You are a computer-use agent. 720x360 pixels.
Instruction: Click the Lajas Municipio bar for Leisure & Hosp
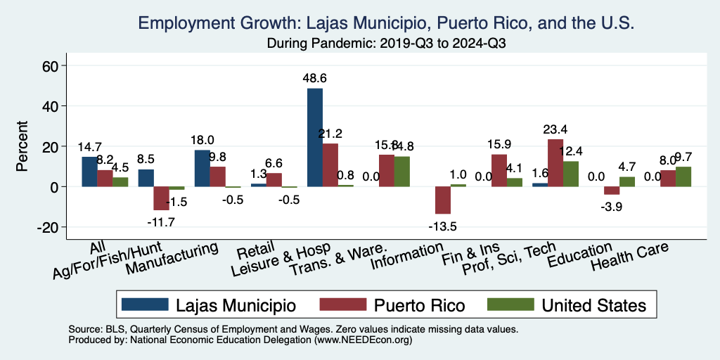315,137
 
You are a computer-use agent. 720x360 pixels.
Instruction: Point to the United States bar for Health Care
683,176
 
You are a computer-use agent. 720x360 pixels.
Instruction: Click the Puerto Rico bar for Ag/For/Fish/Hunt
161,198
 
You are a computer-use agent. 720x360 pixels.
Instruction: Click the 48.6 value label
315,79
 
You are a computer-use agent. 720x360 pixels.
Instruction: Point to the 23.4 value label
555,130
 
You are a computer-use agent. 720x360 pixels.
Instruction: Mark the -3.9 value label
611,207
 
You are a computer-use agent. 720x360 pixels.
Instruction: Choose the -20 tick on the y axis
53,228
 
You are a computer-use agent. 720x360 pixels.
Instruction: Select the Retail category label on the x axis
251,252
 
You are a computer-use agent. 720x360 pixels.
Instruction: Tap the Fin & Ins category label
481,252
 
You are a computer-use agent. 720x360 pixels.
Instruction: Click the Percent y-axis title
22,147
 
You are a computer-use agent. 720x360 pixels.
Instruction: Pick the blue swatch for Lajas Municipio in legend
145,304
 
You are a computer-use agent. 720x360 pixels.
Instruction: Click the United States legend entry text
593,305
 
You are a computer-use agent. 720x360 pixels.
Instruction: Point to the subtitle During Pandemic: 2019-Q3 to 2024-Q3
387,43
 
